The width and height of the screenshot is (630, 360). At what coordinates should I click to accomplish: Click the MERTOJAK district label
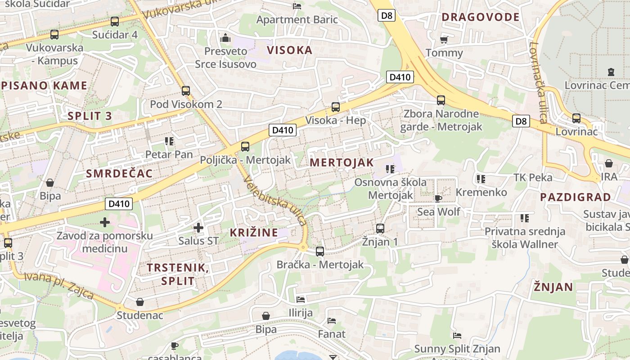pyautogui.click(x=342, y=162)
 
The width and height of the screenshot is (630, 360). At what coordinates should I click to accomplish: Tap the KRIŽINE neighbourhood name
pyautogui.click(x=254, y=232)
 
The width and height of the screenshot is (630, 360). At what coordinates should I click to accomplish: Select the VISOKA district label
pyautogui.click(x=290, y=50)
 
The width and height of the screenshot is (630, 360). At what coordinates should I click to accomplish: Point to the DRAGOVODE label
pyautogui.click(x=480, y=17)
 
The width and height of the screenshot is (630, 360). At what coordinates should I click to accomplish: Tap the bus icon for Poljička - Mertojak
pyautogui.click(x=245, y=146)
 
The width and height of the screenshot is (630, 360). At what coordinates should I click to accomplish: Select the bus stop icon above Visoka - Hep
pyautogui.click(x=336, y=107)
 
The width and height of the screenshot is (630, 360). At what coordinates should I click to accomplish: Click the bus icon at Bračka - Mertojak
pyautogui.click(x=320, y=251)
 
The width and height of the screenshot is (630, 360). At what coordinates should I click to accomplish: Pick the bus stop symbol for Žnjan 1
pyautogui.click(x=380, y=228)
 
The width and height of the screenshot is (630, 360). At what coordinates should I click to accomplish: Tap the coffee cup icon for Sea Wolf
pyautogui.click(x=438, y=198)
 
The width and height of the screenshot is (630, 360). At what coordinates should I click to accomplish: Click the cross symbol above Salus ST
pyautogui.click(x=198, y=228)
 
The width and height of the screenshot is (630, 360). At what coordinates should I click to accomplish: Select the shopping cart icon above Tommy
pyautogui.click(x=444, y=40)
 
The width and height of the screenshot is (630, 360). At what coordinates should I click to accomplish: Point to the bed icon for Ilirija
pyautogui.click(x=301, y=300)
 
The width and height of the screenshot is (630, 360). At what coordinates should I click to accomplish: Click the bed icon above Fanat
pyautogui.click(x=332, y=321)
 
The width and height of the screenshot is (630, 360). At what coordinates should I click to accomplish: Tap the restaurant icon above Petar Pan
pyautogui.click(x=169, y=141)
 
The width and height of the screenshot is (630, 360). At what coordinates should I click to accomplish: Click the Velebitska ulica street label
pyautogui.click(x=274, y=201)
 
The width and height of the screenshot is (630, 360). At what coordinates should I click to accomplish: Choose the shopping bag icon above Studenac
pyautogui.click(x=140, y=301)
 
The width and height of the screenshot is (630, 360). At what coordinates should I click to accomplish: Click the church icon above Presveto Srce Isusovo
pyautogui.click(x=225, y=38)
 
